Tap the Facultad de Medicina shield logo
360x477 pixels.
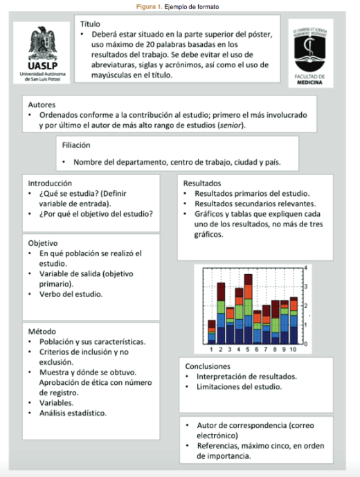[x=314, y=48]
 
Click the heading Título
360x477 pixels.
[x=90, y=24]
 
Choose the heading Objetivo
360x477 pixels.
[x=43, y=243]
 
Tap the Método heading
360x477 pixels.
[x=41, y=332]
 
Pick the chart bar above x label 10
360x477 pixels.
[x=294, y=318]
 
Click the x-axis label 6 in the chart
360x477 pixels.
[x=257, y=350]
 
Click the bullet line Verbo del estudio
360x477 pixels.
[x=71, y=294]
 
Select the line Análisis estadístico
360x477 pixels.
[x=73, y=413]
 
